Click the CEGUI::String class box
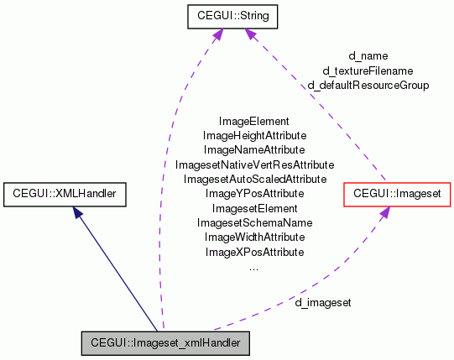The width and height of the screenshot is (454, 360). coord(221,15)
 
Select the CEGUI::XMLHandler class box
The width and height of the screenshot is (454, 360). coord(65,195)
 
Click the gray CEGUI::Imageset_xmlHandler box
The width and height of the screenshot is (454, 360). coord(164,343)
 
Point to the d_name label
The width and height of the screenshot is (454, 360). coord(368,56)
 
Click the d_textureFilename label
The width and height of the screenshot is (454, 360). coord(368,70)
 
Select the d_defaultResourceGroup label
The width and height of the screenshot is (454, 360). coord(368,85)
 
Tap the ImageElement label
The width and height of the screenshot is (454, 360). coord(254,121)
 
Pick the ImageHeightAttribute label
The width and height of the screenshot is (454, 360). coord(254,135)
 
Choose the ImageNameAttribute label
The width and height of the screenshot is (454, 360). coord(254,149)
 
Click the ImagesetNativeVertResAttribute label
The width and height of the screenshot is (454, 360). coord(254,164)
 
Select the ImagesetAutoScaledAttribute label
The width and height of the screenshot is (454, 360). coord(254,179)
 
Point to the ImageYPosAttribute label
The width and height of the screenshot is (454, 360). coord(254,193)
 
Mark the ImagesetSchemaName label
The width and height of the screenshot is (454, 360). coord(254,222)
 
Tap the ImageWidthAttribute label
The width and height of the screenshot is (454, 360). coord(254,237)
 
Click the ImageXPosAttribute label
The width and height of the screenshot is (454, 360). coord(254,252)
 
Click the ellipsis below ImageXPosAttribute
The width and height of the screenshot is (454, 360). coord(254,268)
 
